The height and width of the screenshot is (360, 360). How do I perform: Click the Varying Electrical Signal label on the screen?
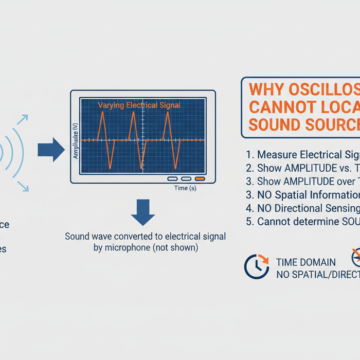139,105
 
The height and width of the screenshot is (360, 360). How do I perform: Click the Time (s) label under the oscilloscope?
185,188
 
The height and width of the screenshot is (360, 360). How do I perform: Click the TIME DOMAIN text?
305,263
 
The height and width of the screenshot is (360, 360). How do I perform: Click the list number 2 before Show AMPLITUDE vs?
249,168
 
